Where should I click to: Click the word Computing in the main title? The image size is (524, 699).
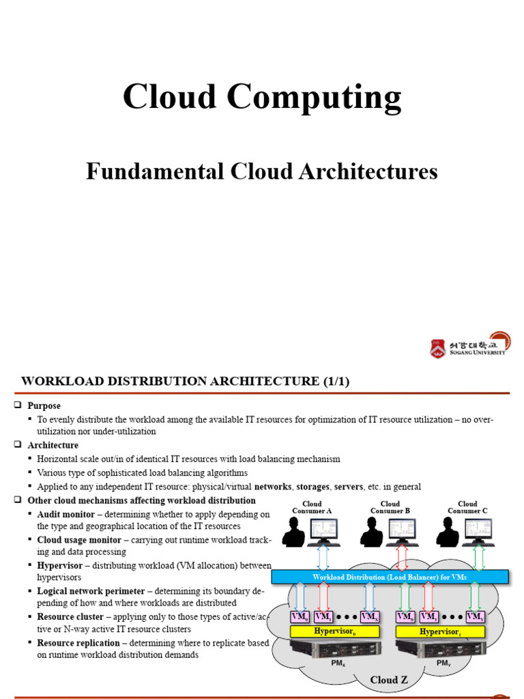[315, 98]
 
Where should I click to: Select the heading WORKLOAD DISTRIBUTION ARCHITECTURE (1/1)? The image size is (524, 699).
[186, 382]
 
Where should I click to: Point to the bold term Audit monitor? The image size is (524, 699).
[65, 513]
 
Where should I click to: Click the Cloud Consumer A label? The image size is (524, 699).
[312, 507]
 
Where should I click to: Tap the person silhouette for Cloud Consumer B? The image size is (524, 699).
[372, 532]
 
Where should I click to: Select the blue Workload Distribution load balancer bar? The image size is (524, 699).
[390, 577]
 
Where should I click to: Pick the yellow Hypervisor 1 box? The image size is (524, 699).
[439, 631]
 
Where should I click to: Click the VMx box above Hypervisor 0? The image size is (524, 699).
[369, 617]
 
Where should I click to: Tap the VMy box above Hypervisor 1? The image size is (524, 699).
[475, 617]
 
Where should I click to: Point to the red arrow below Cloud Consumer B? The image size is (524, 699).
[403, 557]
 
